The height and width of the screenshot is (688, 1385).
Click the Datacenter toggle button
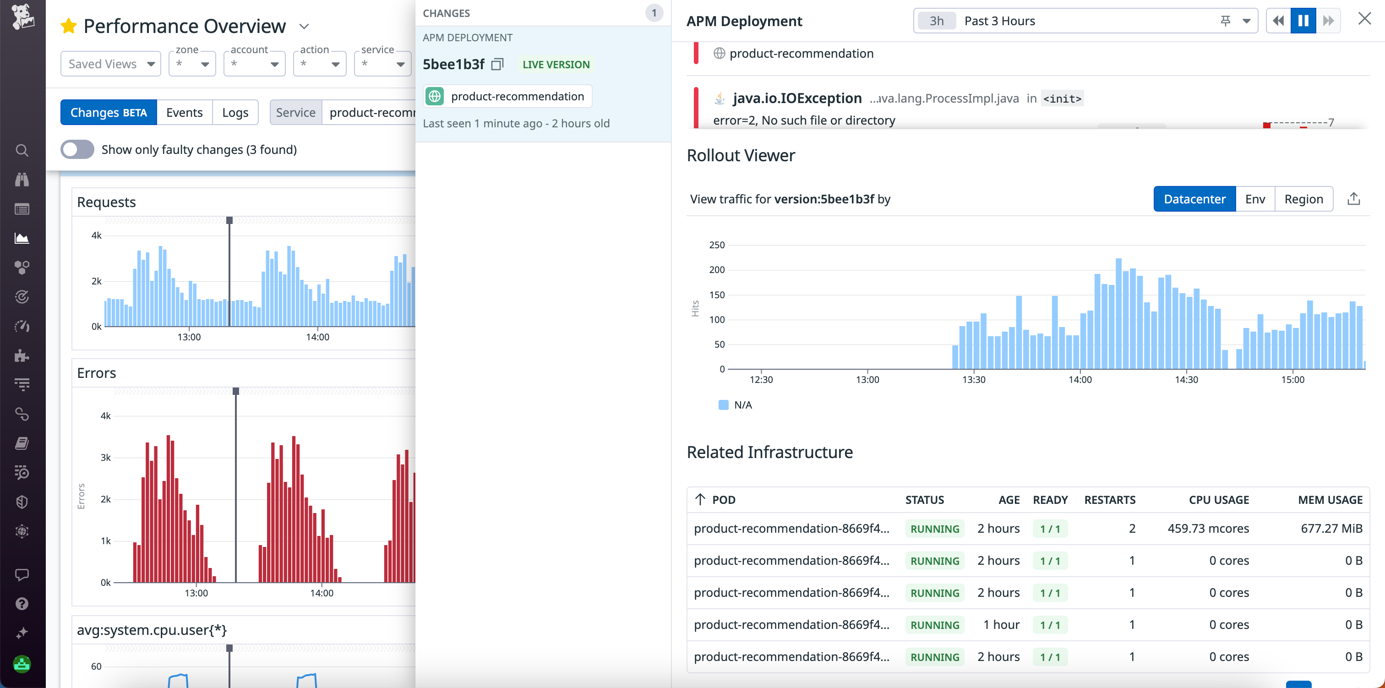(x=1194, y=199)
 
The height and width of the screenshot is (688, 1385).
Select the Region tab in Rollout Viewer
(x=1303, y=199)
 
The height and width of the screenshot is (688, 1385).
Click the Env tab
(x=1255, y=199)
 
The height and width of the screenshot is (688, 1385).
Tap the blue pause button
(x=1303, y=21)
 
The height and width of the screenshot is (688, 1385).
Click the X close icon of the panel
(x=1364, y=19)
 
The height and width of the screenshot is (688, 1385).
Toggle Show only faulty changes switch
(x=77, y=149)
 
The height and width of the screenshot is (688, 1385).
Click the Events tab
(x=185, y=112)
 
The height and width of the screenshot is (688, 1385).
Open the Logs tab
(x=235, y=112)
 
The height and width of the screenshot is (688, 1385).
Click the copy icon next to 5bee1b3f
(x=497, y=65)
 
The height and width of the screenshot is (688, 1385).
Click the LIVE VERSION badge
(x=556, y=65)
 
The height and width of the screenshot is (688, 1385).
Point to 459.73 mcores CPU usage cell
(x=1208, y=528)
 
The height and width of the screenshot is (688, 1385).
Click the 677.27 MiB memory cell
(x=1331, y=528)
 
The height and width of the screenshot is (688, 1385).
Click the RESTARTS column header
(x=1109, y=500)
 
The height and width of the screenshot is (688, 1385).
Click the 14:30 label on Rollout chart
(x=1186, y=380)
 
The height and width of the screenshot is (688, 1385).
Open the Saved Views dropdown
(x=111, y=64)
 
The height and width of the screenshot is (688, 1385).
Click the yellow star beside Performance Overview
(x=68, y=26)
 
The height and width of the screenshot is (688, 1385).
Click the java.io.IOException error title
(x=797, y=98)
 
